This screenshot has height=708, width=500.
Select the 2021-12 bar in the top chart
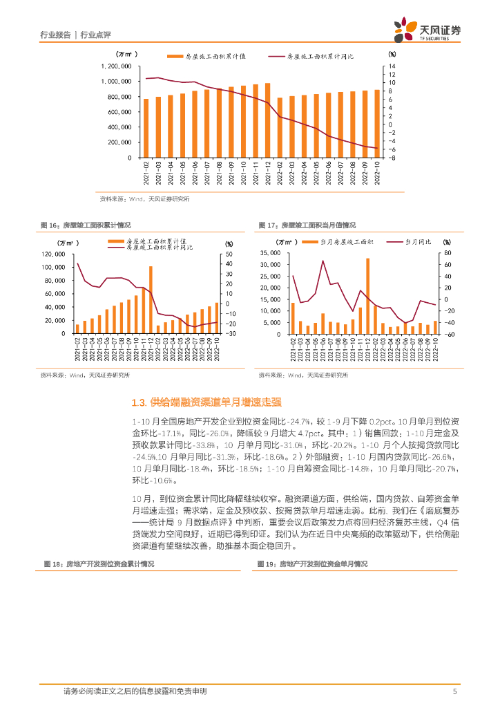[x=267, y=120]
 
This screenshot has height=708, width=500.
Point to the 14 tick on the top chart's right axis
[x=392, y=66]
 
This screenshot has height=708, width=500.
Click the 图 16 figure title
[x=86, y=225]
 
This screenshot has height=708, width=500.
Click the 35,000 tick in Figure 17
[x=269, y=254]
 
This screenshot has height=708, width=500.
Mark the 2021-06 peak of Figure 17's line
[x=323, y=261]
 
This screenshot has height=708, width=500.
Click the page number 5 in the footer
[x=454, y=691]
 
